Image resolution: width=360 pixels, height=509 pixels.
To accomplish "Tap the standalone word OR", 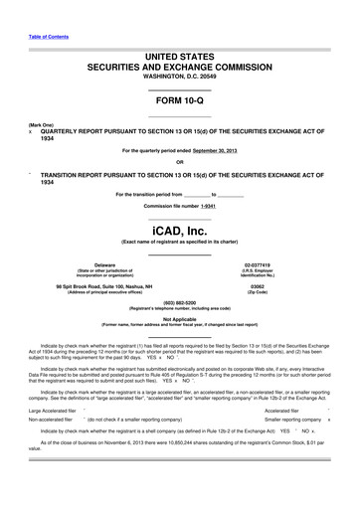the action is click(x=179, y=162).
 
